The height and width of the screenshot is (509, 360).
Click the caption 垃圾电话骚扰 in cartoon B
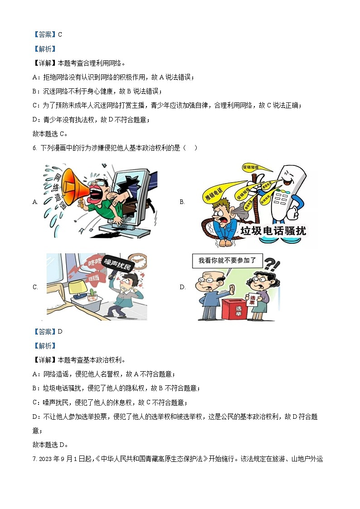(x=273, y=231)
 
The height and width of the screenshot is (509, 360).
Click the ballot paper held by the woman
(x=253, y=301)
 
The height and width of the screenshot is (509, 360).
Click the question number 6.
(x=35, y=148)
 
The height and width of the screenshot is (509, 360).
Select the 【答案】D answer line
(x=48, y=331)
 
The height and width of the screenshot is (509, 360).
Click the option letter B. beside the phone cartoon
(x=182, y=202)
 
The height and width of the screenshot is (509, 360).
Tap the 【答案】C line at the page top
(x=47, y=34)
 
